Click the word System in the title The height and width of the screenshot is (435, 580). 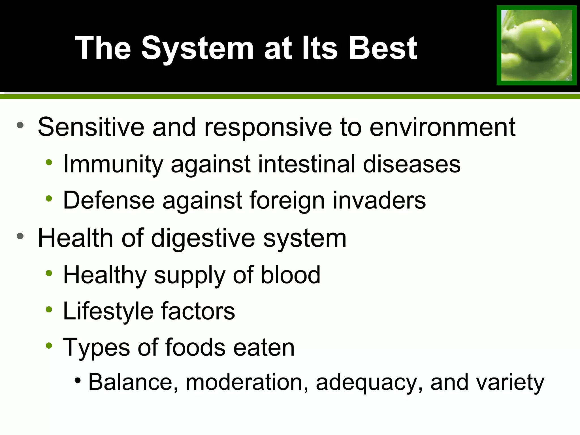(x=197, y=48)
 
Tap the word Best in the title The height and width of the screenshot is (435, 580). (x=383, y=48)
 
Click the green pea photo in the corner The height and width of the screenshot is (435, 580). (x=536, y=45)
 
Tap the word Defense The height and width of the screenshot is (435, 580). (x=109, y=200)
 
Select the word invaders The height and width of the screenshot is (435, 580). (x=379, y=200)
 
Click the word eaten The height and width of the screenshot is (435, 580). (x=264, y=347)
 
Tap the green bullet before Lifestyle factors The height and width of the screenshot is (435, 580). (x=49, y=309)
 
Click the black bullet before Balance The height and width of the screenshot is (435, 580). (x=78, y=380)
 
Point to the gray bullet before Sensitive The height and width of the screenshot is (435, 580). (x=20, y=125)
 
